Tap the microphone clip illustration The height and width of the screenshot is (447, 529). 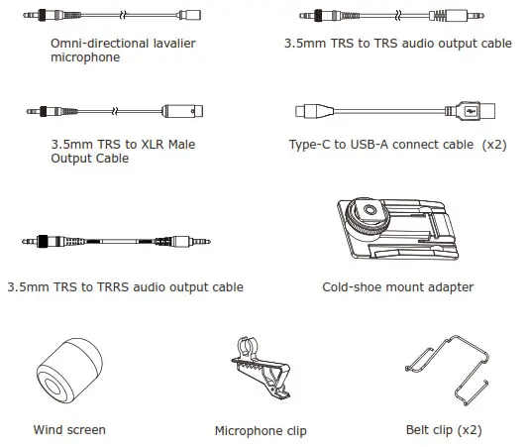coord(260,376)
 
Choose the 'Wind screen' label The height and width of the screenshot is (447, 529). coord(69,430)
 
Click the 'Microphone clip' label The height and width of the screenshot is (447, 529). coord(261,431)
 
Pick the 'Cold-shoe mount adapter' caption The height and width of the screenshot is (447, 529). coord(397,287)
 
